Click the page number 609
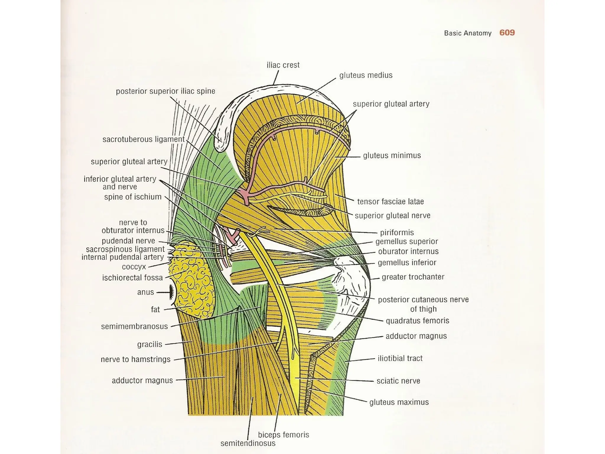[x=507, y=33]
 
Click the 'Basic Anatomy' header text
[x=468, y=33]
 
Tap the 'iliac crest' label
[x=283, y=65]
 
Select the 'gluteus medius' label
[x=366, y=75]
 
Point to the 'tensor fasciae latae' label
[x=390, y=202]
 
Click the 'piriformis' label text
[x=397, y=233]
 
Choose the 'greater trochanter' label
[x=413, y=277]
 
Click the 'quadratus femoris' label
[x=417, y=321]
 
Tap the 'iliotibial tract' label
[x=400, y=359]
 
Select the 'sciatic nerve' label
[x=398, y=381]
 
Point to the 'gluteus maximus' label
[x=399, y=402]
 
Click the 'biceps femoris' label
[x=283, y=435]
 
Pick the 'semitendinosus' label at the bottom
[x=248, y=443]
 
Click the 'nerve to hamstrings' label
[x=136, y=359]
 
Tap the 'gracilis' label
[x=149, y=344]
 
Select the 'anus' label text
[x=145, y=292]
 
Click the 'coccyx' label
[x=134, y=267]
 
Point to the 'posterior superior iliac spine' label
[x=165, y=91]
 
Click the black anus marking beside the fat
[x=172, y=292]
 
